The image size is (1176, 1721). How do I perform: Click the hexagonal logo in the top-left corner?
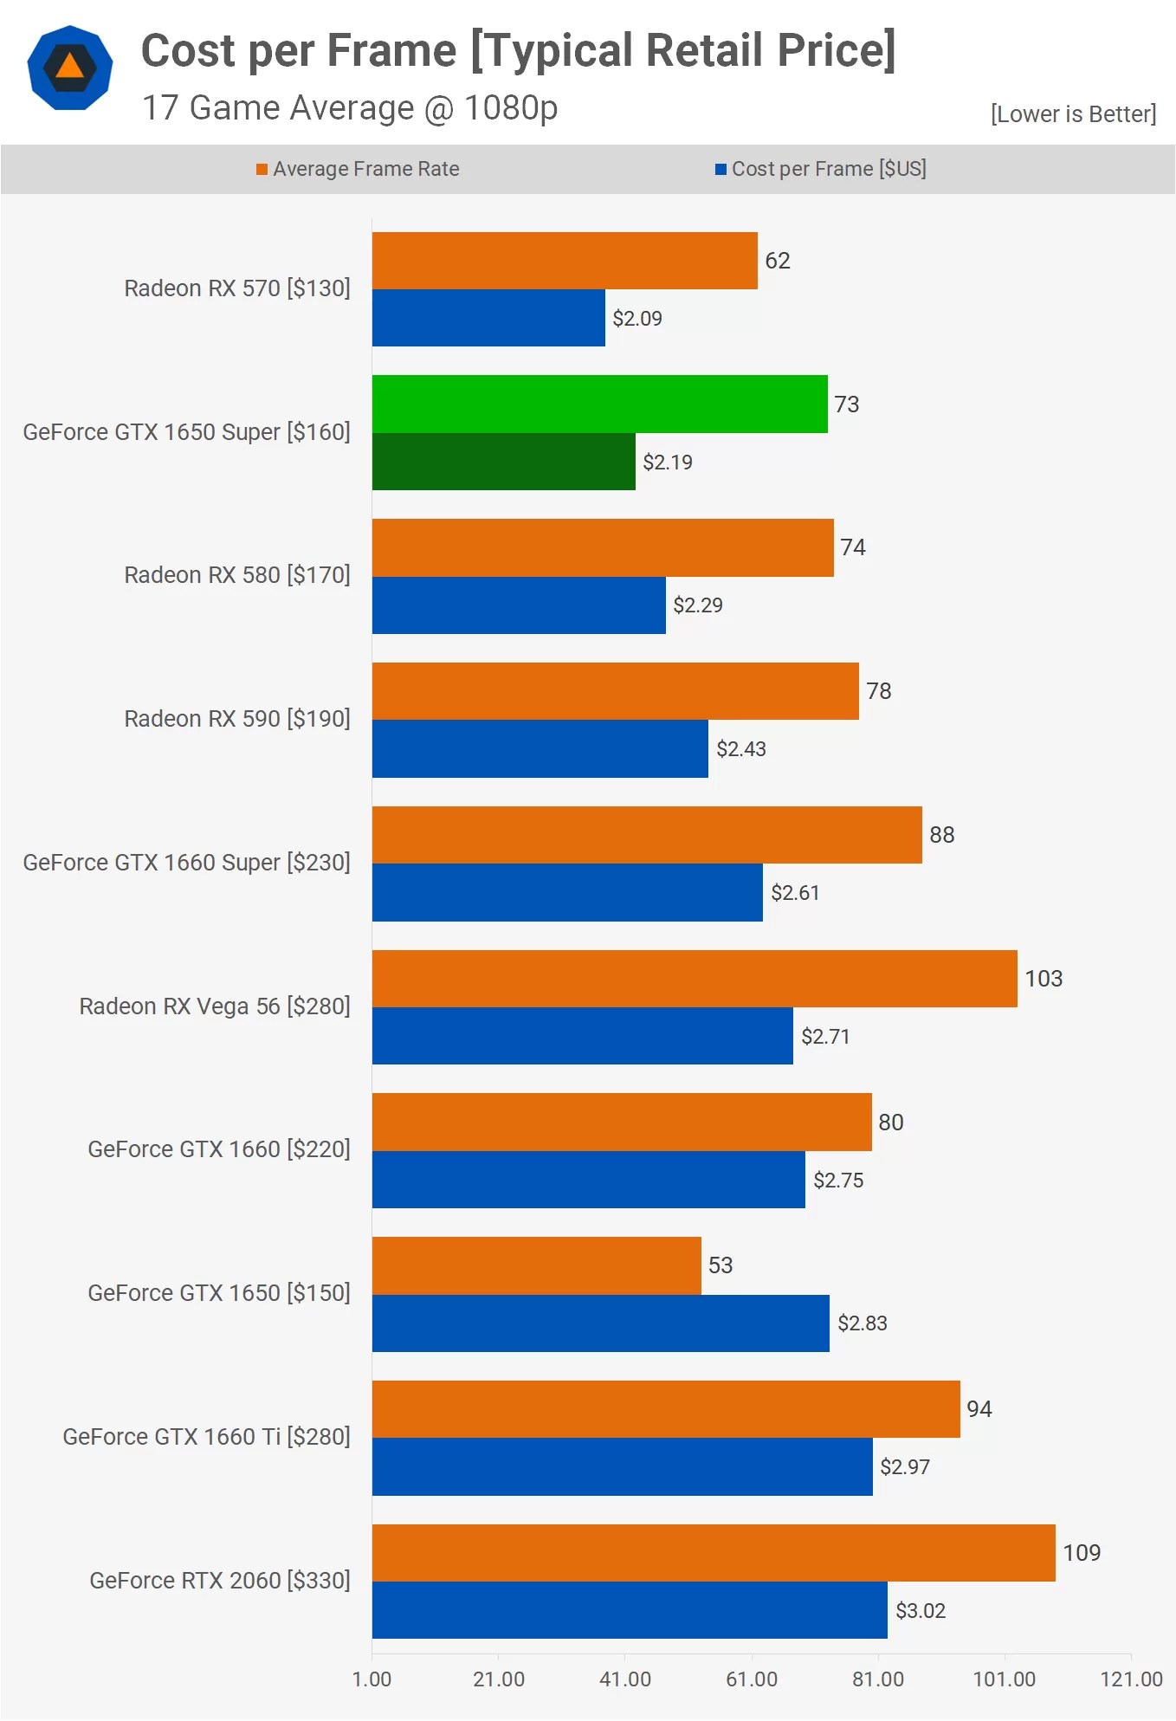(70, 68)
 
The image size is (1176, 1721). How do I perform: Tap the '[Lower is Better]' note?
(1073, 113)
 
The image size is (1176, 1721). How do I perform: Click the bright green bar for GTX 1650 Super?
(599, 404)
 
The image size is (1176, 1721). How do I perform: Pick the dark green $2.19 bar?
(503, 462)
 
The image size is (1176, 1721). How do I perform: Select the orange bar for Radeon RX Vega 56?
(694, 978)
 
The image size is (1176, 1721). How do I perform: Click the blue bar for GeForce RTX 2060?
(629, 1610)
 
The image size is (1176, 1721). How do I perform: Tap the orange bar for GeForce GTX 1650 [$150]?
(536, 1265)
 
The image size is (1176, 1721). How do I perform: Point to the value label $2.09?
(637, 319)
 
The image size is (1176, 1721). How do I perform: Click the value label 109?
(1082, 1552)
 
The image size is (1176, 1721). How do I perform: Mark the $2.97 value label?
(905, 1466)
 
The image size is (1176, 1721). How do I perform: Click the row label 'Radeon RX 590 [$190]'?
(237, 719)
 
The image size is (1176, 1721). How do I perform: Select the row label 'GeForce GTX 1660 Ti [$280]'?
(207, 1437)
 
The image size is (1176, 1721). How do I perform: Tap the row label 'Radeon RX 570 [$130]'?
(237, 288)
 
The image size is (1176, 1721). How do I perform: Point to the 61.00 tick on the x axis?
(751, 1679)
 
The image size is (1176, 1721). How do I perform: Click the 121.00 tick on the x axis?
(1130, 1679)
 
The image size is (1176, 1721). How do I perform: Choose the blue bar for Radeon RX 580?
(519, 605)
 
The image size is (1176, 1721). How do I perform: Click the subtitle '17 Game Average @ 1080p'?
(350, 108)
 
